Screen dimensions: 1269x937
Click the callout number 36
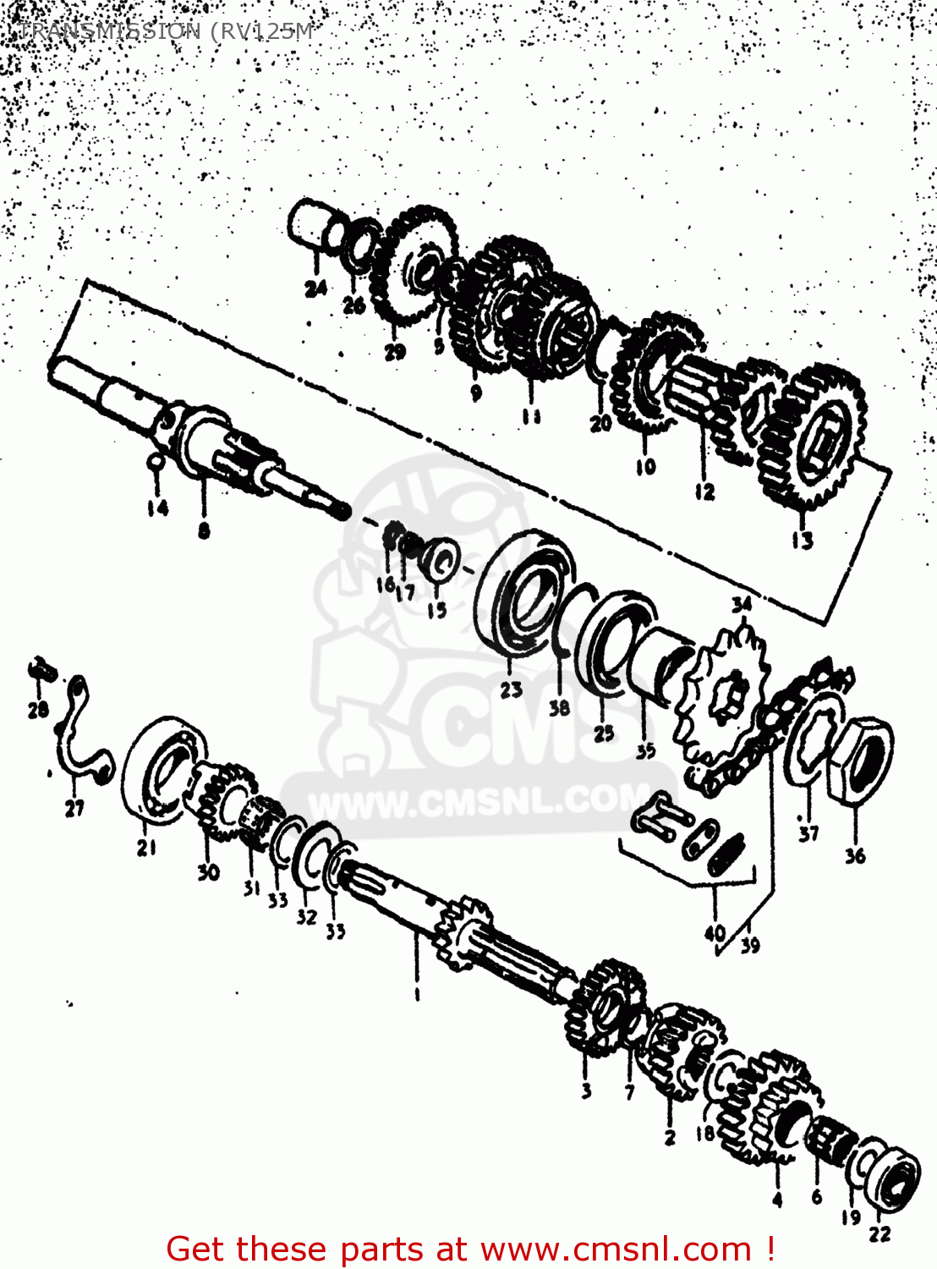pyautogui.click(x=855, y=855)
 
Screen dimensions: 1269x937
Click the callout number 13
pyautogui.click(x=802, y=540)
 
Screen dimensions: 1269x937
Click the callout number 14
pyautogui.click(x=157, y=508)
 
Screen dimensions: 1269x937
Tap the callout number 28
pyautogui.click(x=38, y=709)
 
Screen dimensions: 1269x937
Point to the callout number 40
pyautogui.click(x=715, y=933)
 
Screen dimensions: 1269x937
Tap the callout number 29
pyautogui.click(x=395, y=352)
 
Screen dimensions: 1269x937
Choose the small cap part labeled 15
pyautogui.click(x=439, y=559)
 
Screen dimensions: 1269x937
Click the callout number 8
pyautogui.click(x=204, y=531)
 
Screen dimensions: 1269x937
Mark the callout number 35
pyautogui.click(x=645, y=750)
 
